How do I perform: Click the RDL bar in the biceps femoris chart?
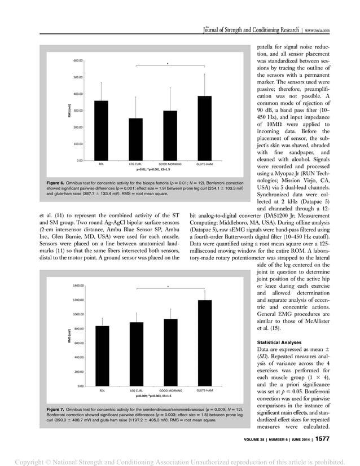(x=101, y=130)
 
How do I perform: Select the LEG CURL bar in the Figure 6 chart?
(x=135, y=139)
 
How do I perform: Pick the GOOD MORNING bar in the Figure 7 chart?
(x=170, y=352)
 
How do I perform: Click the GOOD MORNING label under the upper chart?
(x=170, y=164)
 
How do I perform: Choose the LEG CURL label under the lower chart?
(x=136, y=390)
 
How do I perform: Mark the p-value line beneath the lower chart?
(x=151, y=396)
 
